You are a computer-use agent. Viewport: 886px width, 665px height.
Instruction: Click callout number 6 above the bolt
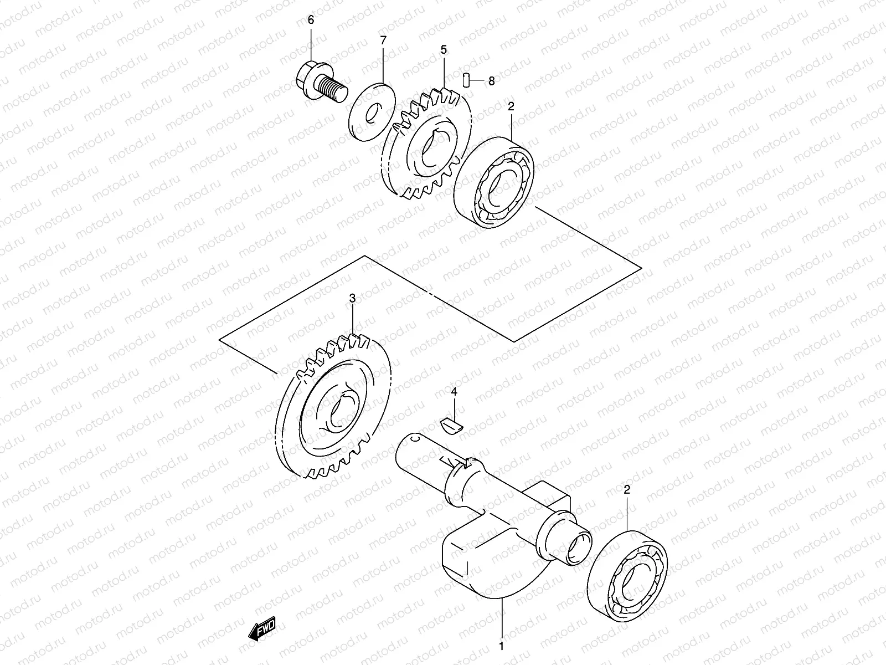coord(311,20)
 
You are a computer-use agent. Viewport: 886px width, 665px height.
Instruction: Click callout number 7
coord(383,39)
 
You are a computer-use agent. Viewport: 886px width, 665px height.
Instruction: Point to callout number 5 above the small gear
coord(444,50)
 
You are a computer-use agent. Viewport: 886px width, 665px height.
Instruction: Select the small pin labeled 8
coord(466,80)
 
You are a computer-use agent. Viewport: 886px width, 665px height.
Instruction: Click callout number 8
coord(491,81)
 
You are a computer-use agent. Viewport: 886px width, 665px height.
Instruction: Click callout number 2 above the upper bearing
coord(511,106)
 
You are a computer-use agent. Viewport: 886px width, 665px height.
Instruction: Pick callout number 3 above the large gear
coord(352,299)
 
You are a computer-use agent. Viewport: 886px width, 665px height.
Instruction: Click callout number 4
coord(454,392)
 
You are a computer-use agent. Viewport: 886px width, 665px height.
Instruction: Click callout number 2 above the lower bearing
coord(627,490)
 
